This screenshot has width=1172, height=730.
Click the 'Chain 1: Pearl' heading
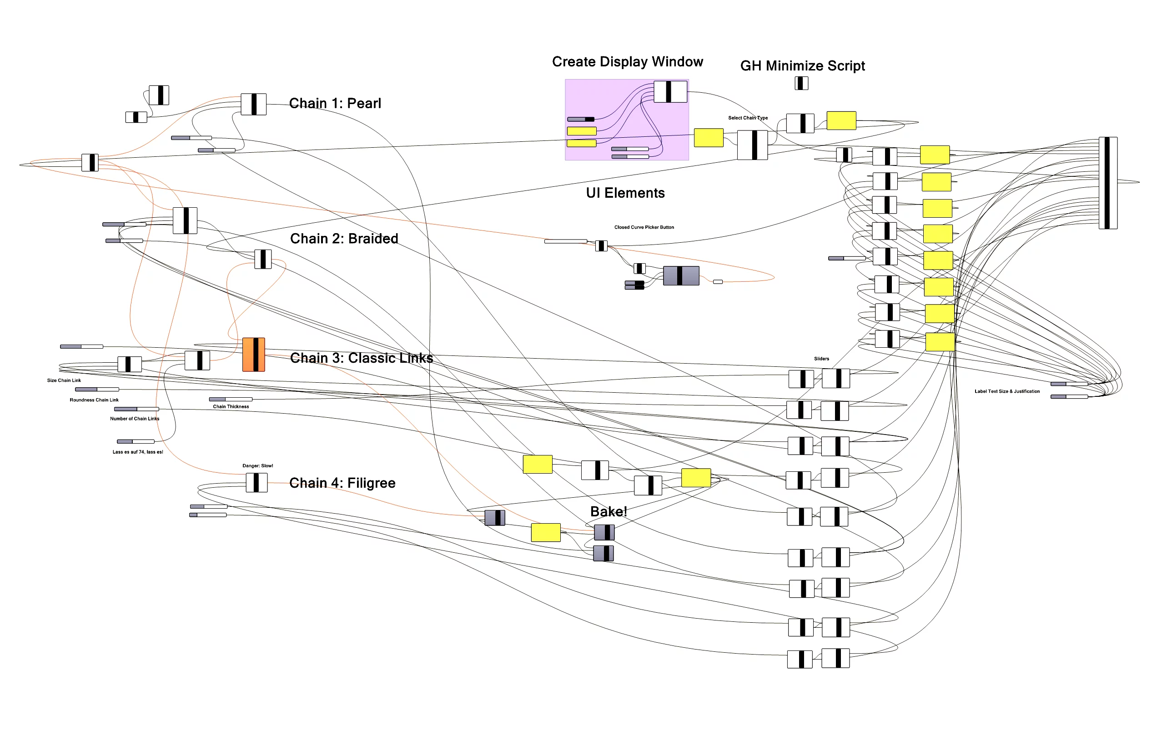point(335,103)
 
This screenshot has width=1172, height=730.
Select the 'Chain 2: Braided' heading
point(344,239)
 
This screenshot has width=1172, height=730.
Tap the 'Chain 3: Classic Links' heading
point(362,358)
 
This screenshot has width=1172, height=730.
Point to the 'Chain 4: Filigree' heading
point(342,483)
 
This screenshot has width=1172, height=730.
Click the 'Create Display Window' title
point(627,62)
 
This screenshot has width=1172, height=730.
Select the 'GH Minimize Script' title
point(802,65)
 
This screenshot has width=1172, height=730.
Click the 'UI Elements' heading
point(625,193)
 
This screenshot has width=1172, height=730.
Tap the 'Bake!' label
point(608,511)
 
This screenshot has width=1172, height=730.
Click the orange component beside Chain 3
point(254,355)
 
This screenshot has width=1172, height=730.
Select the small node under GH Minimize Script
point(801,84)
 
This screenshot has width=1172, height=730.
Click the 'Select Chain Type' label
point(747,118)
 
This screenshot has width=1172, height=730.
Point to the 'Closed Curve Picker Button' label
point(644,227)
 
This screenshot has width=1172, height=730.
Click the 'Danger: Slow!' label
point(257,466)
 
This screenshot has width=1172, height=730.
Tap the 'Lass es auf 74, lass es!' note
point(138,452)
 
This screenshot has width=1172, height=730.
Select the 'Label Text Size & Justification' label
point(1007,391)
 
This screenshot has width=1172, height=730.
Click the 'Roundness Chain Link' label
point(94,400)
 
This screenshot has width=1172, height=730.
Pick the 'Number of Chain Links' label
point(134,419)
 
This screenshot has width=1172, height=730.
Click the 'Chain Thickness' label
point(231,406)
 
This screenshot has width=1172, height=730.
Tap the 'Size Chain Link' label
point(64,380)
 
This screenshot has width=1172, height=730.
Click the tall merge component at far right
point(1107,183)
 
